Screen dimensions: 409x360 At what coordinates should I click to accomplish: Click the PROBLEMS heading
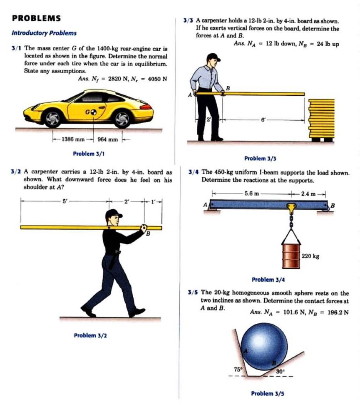37,18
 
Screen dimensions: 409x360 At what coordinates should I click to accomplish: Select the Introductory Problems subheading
44,33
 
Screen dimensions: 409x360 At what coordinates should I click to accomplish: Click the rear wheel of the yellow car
122,119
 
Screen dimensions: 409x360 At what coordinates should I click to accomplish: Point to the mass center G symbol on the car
94,112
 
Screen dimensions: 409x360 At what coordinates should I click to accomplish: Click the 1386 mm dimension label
72,139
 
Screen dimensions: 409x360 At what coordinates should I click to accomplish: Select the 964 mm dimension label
108,139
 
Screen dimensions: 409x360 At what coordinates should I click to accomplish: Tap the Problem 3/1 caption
89,154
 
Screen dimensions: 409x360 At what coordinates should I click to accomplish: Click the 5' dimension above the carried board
64,201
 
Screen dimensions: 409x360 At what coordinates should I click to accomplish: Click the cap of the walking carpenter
113,214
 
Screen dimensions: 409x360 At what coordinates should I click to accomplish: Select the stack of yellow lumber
321,119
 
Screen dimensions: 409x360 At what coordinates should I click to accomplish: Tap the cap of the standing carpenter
213,57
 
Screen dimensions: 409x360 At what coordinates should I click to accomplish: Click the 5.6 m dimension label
252,193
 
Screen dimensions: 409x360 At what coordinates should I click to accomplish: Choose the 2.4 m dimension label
310,193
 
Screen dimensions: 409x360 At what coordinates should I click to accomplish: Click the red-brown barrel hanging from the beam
291,256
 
